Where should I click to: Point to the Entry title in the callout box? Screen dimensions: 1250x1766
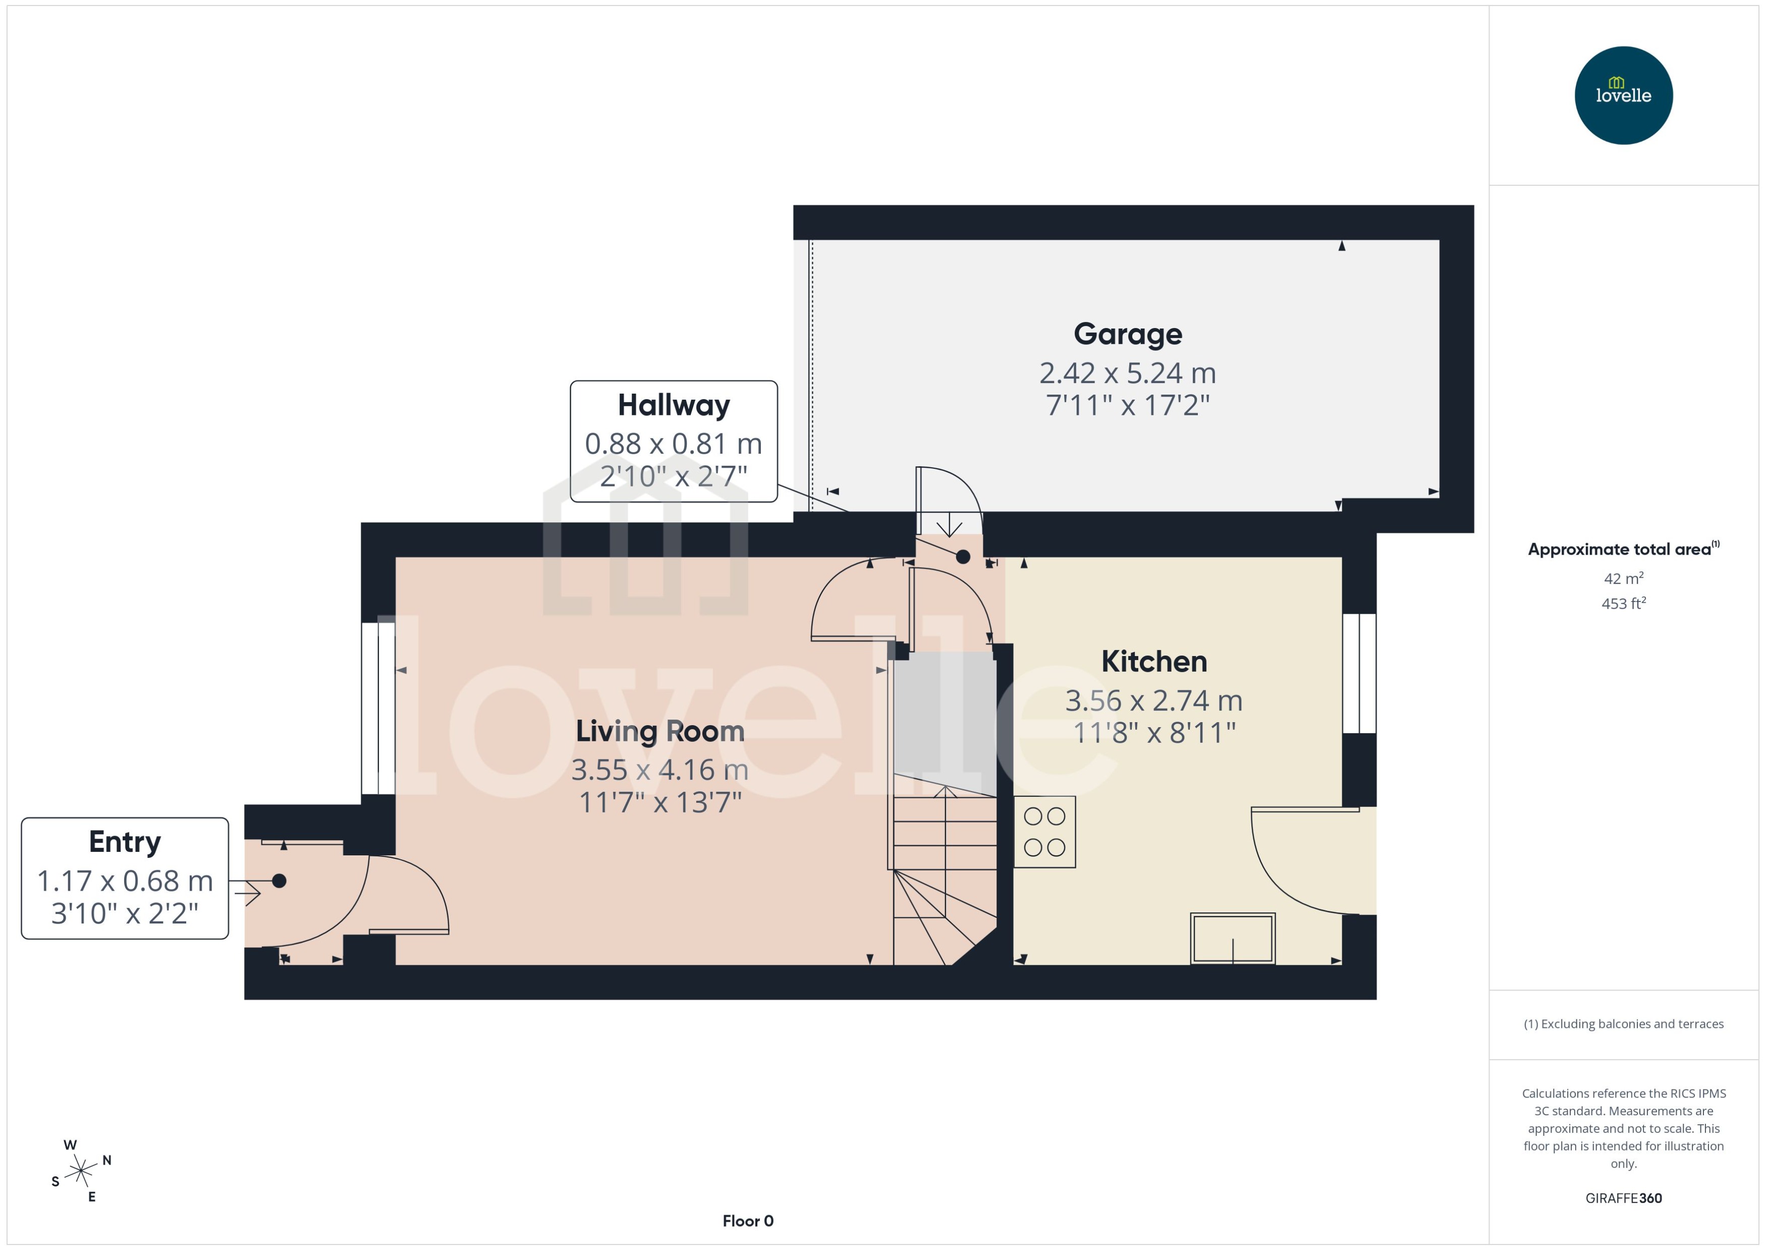(x=125, y=842)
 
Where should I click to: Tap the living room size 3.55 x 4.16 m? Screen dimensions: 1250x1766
(x=659, y=770)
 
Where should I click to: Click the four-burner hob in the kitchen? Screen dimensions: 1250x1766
(x=1044, y=831)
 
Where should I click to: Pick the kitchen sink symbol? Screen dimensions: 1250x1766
(x=1232, y=938)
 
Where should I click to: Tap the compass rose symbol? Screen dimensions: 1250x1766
(x=81, y=1171)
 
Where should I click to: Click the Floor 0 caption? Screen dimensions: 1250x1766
(x=747, y=1221)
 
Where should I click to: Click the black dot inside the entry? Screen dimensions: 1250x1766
(x=280, y=881)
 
